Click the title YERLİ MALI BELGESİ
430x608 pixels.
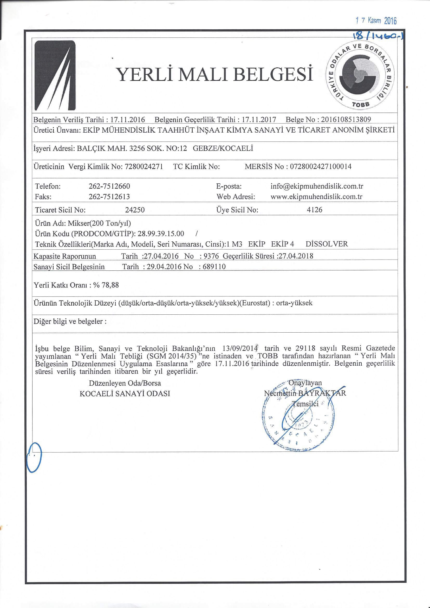215,74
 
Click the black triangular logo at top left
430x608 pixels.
55,75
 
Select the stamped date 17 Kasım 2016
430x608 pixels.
376,20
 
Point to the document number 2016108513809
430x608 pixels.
346,119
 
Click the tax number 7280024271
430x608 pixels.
144,167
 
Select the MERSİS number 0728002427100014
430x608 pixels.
321,167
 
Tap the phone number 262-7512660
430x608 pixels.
109,186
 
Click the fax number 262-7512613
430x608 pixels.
109,197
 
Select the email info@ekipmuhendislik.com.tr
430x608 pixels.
317,186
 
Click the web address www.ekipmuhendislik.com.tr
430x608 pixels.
316,197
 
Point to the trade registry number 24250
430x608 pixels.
135,210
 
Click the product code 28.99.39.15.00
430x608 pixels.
161,234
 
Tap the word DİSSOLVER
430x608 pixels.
327,244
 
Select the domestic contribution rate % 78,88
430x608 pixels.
106,285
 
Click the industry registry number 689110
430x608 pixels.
214,267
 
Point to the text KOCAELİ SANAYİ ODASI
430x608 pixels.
125,394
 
